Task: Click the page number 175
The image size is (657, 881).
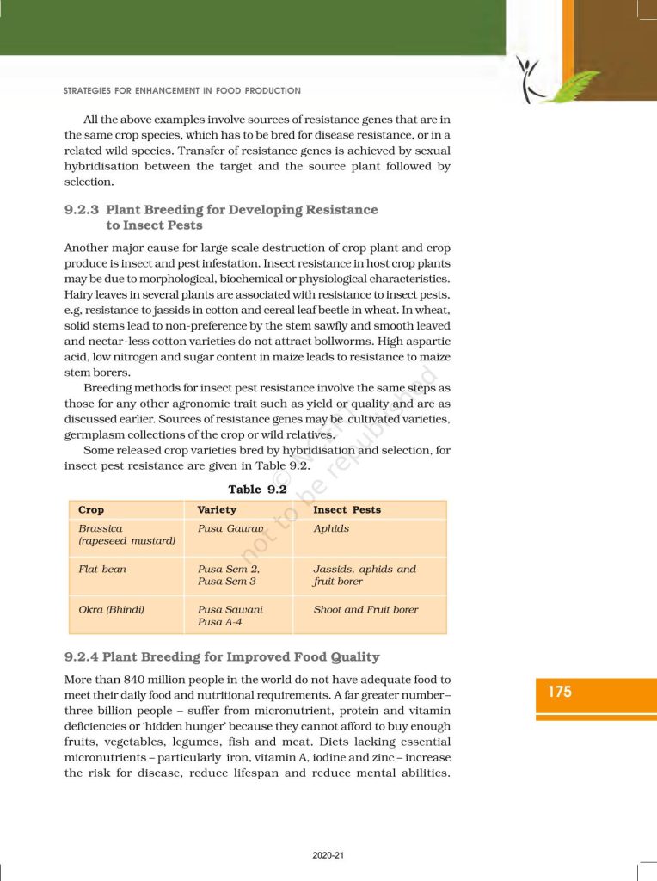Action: click(560, 691)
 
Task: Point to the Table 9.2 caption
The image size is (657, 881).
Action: click(256, 490)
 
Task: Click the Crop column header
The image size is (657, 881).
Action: click(91, 510)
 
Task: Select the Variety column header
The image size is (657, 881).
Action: click(217, 510)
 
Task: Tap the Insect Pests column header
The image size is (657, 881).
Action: click(347, 510)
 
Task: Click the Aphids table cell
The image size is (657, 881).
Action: click(331, 528)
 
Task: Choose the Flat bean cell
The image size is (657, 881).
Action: click(102, 569)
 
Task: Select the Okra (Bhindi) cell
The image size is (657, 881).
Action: click(111, 609)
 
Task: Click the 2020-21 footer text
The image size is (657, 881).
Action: click(328, 855)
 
